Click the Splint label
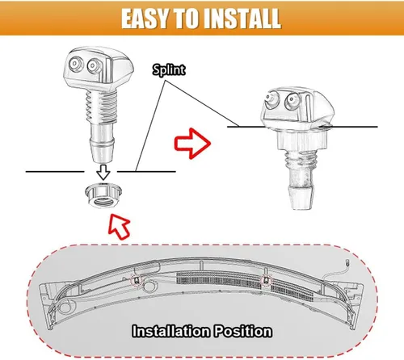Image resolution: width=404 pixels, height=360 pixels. point(169,70)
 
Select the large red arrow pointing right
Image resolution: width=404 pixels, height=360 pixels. point(192,144)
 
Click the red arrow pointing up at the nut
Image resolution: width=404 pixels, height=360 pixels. point(120,226)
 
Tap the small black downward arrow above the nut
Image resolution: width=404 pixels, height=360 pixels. point(103,172)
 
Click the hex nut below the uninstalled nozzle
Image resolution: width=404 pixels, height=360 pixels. point(103,195)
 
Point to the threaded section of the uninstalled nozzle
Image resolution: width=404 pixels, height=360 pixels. point(101,107)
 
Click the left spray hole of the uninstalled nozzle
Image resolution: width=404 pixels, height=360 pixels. point(74,64)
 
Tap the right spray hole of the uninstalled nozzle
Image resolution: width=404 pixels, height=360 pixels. point(93,65)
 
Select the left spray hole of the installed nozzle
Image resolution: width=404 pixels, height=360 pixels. point(271,98)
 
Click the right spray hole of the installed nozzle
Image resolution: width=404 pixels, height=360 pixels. point(292,101)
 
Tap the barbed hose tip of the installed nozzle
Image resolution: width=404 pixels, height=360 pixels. point(301,197)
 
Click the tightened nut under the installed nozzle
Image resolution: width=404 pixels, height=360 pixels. point(301,141)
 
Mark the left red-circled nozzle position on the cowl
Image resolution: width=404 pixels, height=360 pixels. point(137,281)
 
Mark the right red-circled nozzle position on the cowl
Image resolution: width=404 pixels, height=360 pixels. point(266,281)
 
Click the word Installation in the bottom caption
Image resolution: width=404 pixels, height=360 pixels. point(171,331)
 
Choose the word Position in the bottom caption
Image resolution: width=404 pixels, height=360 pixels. point(243,332)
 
